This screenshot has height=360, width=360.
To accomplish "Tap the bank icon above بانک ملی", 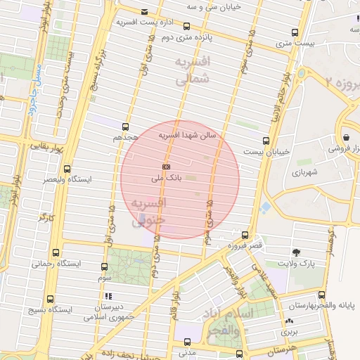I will pos(165,167).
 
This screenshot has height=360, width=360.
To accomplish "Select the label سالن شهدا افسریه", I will pos(188,134).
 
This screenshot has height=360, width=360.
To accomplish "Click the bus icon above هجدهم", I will pos(125,127).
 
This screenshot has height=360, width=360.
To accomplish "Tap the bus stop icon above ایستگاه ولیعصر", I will pos(67,169).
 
